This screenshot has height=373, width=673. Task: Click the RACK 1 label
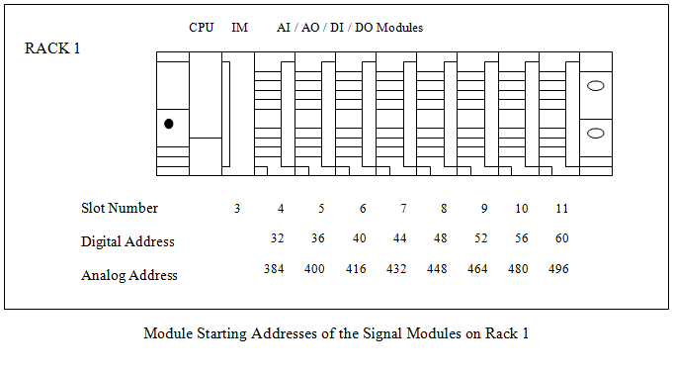(x=52, y=49)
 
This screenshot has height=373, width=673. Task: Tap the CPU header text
(x=202, y=28)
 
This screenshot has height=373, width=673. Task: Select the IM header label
(x=239, y=28)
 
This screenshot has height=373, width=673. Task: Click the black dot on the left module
(x=169, y=124)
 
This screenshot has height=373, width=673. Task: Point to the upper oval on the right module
(x=596, y=86)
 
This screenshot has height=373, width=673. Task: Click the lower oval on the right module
(x=596, y=133)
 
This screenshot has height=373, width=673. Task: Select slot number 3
(x=237, y=209)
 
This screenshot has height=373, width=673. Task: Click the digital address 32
(x=278, y=238)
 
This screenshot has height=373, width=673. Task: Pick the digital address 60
(x=561, y=238)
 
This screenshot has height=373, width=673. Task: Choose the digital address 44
(x=399, y=238)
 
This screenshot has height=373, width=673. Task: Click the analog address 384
(x=275, y=269)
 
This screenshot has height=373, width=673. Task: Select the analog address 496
(x=558, y=269)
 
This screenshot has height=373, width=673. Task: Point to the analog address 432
(x=396, y=269)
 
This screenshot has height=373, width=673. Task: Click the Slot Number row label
(x=120, y=209)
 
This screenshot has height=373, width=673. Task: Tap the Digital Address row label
(x=127, y=241)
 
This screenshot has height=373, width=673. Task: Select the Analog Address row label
(x=129, y=275)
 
